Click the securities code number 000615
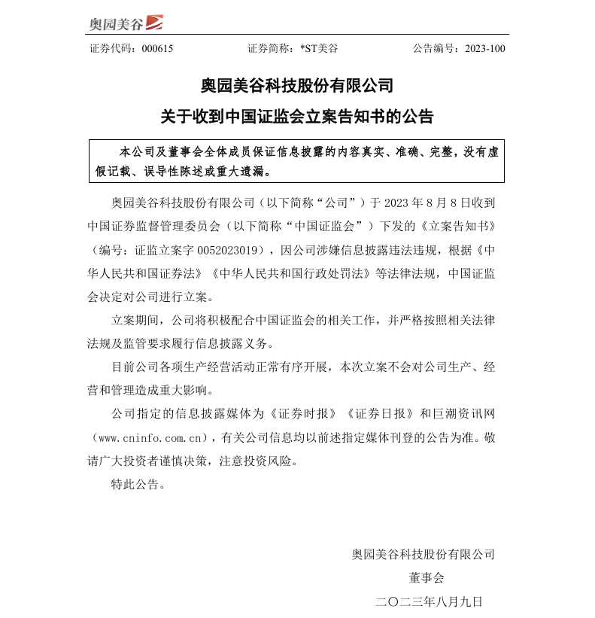pos(157,48)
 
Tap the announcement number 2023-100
pos(485,48)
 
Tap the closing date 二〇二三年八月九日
pos(428,601)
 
